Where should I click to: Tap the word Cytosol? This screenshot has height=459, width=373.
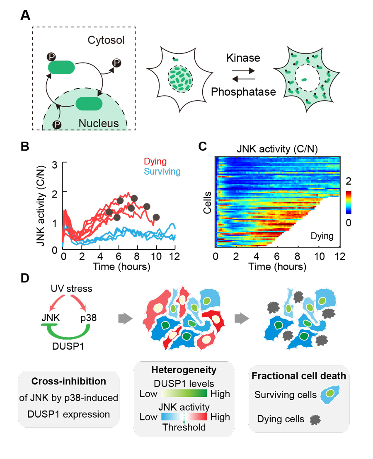106,40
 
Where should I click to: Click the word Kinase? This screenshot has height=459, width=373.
243,58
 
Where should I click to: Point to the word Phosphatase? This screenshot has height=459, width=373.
243,91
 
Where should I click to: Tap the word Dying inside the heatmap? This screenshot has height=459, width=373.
322,236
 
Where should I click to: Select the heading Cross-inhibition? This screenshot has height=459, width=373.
69,381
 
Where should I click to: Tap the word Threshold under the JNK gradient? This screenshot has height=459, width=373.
184,427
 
